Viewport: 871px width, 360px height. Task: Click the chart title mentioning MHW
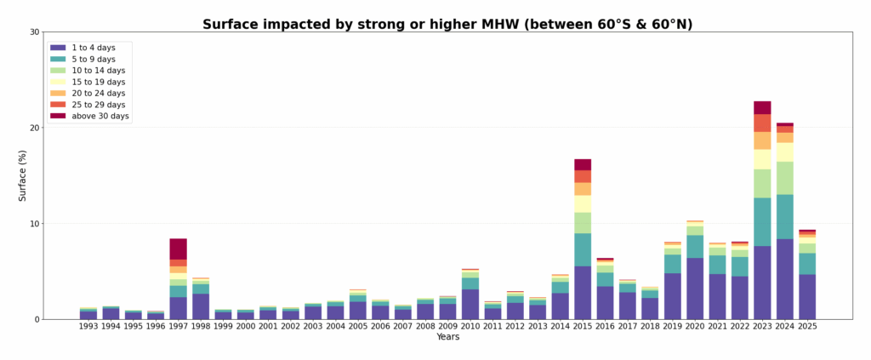447,25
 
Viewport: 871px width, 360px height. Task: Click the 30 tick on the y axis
35,32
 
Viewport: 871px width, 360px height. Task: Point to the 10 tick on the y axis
35,224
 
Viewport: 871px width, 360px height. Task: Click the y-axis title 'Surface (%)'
23,175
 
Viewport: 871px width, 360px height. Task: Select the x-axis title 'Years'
447,337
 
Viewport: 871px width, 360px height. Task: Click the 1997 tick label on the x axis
178,326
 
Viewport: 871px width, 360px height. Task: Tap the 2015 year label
583,326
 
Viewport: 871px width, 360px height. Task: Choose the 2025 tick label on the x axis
807,326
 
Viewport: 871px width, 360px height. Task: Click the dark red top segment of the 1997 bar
178,249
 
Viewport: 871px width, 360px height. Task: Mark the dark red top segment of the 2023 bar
762,108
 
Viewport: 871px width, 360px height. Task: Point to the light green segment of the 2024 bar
785,178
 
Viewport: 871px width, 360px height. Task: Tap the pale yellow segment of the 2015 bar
583,204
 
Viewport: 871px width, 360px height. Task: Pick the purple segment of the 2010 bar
470,304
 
